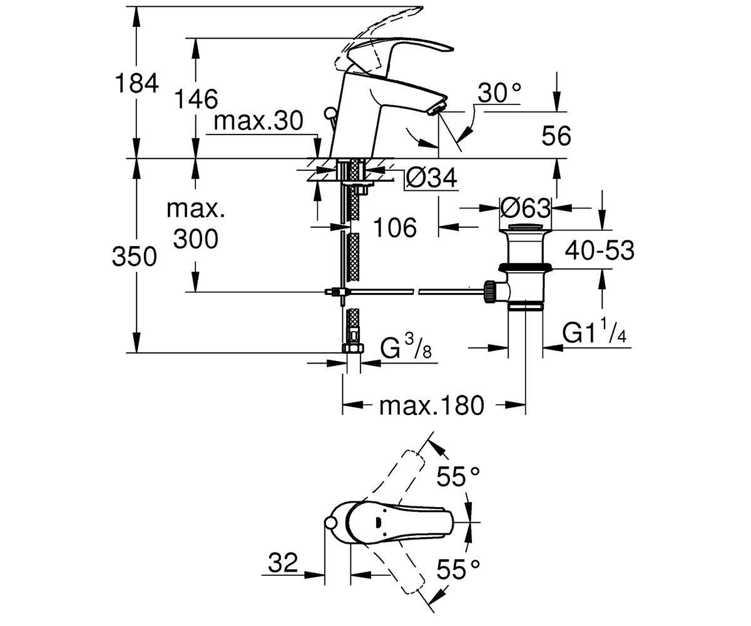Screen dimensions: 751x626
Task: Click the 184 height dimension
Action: tap(136, 83)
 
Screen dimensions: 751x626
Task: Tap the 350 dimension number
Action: tap(135, 257)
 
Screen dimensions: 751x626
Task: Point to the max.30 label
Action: tap(258, 121)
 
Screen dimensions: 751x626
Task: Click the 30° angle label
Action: tap(499, 93)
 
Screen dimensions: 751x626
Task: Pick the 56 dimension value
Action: tap(556, 136)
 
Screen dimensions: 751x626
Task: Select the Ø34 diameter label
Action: tap(431, 177)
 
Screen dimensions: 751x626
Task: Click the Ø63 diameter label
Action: tap(525, 208)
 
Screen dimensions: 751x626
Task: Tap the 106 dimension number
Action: tap(396, 227)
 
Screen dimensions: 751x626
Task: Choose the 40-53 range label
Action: tap(600, 250)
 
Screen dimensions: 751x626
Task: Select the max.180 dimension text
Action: tap(432, 406)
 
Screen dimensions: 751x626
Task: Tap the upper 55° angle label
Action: tap(458, 476)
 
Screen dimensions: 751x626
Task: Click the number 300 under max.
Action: tap(196, 239)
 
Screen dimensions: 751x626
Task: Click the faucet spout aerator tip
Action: tap(437, 109)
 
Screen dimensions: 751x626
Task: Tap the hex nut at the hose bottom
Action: tap(354, 348)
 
